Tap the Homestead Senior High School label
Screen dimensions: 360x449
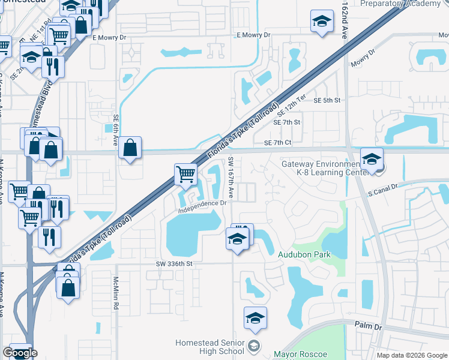click(x=210, y=347)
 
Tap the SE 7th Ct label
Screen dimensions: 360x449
click(x=277, y=142)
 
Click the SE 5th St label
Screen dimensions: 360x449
click(x=327, y=100)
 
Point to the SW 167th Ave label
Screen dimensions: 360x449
click(x=231, y=178)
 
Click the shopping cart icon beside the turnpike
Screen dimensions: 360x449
click(x=186, y=175)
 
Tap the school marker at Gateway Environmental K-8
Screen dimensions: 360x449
click(x=372, y=160)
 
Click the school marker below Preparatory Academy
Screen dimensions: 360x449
click(x=322, y=22)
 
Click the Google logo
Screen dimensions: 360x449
click(x=20, y=353)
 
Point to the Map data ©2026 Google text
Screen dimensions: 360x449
click(x=411, y=355)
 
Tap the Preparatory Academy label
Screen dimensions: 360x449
click(x=400, y=4)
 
